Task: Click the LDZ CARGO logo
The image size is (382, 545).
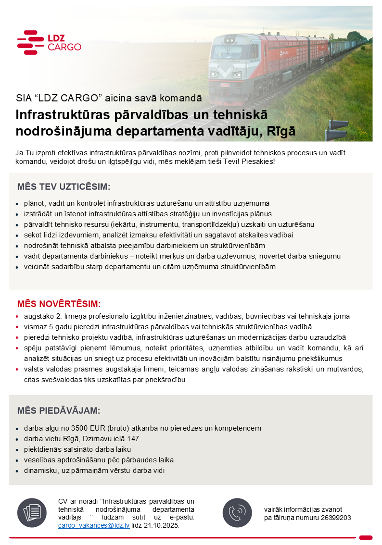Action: [x=49, y=42]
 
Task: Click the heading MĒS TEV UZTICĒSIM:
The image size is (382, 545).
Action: [x=64, y=187]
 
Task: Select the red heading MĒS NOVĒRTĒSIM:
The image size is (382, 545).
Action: [x=59, y=304]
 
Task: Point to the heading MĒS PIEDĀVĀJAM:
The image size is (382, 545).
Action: [x=59, y=410]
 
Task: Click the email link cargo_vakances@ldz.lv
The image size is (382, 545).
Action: [x=93, y=525]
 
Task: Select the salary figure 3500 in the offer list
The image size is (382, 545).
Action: [x=80, y=428]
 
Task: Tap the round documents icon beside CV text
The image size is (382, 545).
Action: [x=31, y=512]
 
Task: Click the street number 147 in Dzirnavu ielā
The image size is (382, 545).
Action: [x=133, y=439]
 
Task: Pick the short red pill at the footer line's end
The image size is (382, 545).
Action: [x=366, y=537]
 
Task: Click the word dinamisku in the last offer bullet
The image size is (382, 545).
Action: [x=39, y=471]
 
